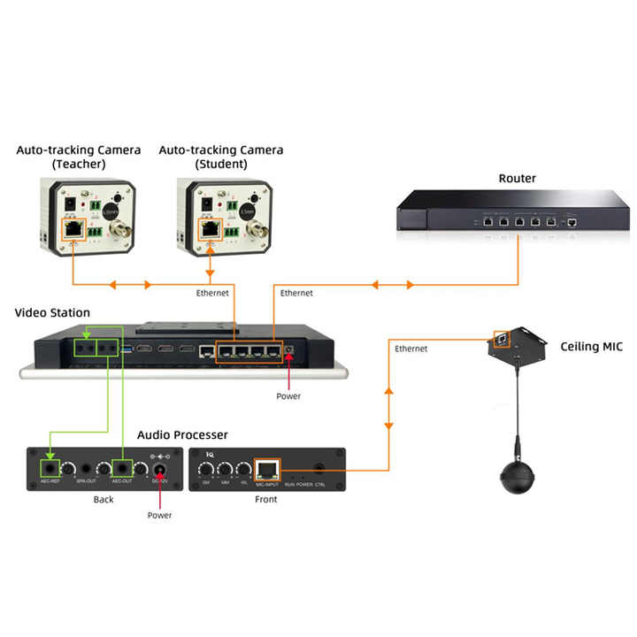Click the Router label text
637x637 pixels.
[517, 178]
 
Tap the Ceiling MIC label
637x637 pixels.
[591, 347]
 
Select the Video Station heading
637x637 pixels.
[52, 312]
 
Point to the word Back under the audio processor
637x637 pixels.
[104, 500]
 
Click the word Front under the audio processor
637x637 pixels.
[265, 500]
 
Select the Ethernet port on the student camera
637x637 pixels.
[211, 229]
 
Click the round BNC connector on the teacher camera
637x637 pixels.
[118, 232]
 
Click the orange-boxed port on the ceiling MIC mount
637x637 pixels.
[503, 338]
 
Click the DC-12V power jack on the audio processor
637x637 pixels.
[161, 468]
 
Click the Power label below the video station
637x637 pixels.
[288, 396]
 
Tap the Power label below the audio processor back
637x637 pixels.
[160, 515]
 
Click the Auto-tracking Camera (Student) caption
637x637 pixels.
[221, 157]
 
